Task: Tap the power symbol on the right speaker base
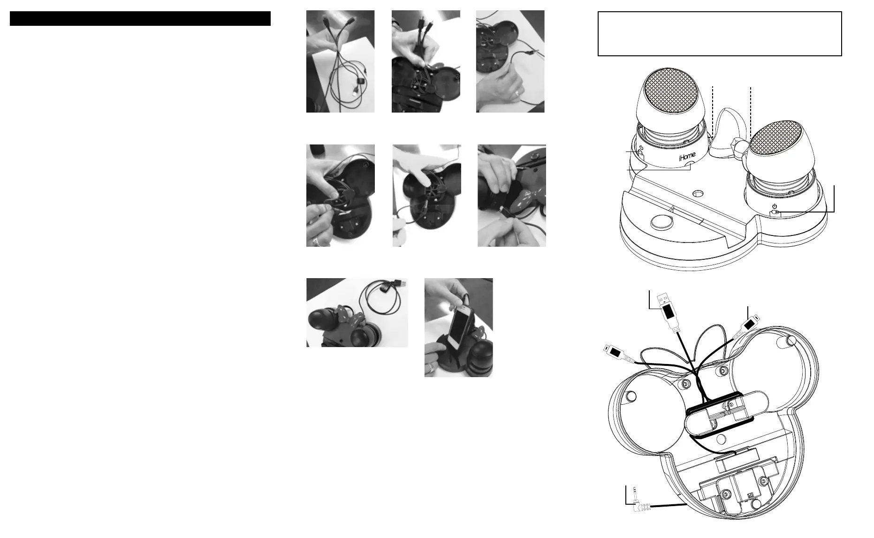click(775, 206)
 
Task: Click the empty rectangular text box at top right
click(720, 34)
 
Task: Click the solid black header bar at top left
click(140, 19)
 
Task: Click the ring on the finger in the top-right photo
click(516, 94)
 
